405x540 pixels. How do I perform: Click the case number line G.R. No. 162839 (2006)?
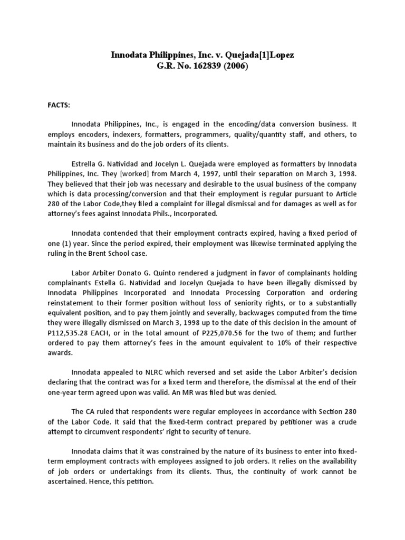coord(202,66)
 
